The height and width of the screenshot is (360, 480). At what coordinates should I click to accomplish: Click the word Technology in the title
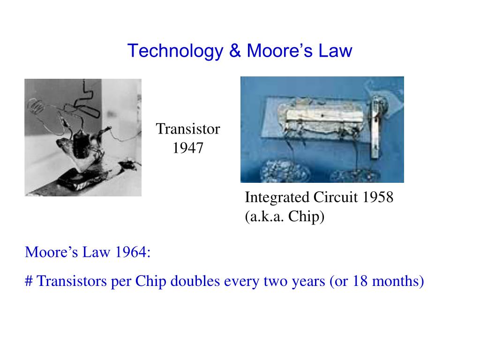[x=175, y=51]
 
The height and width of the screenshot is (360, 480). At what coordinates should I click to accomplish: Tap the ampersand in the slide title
[x=235, y=50]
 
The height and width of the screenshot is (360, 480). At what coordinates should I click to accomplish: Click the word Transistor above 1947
[x=188, y=129]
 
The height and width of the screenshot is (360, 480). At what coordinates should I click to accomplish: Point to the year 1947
[x=188, y=148]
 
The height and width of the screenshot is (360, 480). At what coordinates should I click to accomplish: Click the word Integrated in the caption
[x=277, y=197]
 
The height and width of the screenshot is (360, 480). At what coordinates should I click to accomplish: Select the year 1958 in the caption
[x=378, y=197]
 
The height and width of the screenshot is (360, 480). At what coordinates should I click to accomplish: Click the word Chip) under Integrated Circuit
[x=306, y=217]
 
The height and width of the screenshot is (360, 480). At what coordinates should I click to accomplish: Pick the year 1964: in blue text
[x=133, y=252]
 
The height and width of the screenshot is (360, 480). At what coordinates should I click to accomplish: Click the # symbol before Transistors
[x=29, y=281]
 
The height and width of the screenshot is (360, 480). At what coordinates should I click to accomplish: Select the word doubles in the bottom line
[x=195, y=281]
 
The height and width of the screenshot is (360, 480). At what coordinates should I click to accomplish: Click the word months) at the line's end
[x=398, y=281]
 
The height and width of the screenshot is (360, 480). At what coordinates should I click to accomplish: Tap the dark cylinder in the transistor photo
[x=81, y=144]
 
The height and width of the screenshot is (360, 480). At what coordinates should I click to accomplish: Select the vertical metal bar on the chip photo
[x=375, y=127]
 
